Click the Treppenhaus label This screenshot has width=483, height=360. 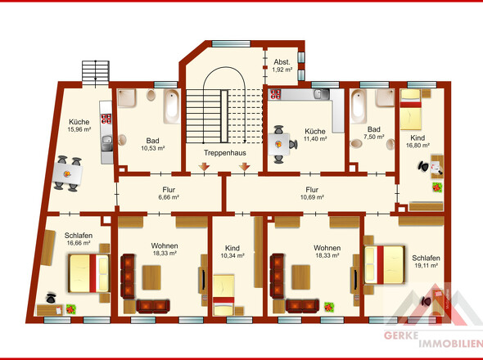tap(225, 153)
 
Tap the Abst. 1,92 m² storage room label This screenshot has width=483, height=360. tap(282, 65)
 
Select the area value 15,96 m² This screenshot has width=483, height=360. tap(79, 129)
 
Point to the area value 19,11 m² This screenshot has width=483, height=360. tap(426, 265)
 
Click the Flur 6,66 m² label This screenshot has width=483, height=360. tap(169, 193)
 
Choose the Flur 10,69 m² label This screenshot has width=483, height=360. tap(312, 193)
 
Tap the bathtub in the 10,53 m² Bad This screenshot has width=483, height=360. tap(172, 106)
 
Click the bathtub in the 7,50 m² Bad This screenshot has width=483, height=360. tap(359, 106)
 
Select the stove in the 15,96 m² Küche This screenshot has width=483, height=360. tap(106, 119)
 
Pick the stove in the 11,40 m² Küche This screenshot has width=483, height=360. tap(275, 94)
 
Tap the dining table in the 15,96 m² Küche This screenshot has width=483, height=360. tap(67, 173)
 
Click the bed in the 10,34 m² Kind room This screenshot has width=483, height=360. tap(223, 295)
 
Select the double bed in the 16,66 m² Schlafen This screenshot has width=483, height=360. tap(89, 273)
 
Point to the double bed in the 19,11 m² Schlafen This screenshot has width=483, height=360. tap(384, 264)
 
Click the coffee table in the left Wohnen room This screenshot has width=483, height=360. tap(151, 277)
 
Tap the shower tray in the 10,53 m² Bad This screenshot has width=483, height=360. tap(127, 98)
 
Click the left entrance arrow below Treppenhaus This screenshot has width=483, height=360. tap(204, 167)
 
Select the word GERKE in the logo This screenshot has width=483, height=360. tap(401, 335)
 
